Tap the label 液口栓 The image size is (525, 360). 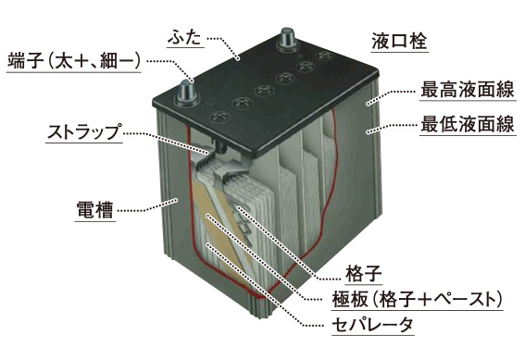click(396, 41)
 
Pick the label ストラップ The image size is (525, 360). click(82, 131)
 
